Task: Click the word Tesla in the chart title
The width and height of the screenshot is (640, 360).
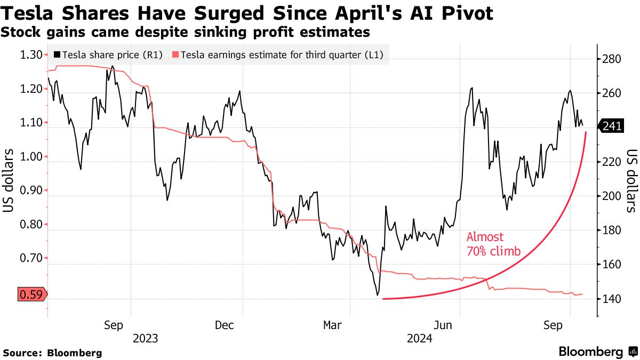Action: click(31, 13)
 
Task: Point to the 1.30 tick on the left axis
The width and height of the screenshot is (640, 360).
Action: click(30, 54)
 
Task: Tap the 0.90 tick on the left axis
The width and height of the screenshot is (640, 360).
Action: click(30, 190)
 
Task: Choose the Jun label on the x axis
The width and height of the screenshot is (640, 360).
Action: click(445, 325)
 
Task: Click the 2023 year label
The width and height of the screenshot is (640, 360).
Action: click(145, 338)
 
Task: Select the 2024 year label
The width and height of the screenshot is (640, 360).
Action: click(419, 338)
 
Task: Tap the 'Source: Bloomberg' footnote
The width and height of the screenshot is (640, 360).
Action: click(52, 353)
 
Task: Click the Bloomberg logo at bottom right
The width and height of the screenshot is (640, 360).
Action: click(597, 352)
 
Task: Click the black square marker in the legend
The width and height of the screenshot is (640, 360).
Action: click(57, 54)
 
